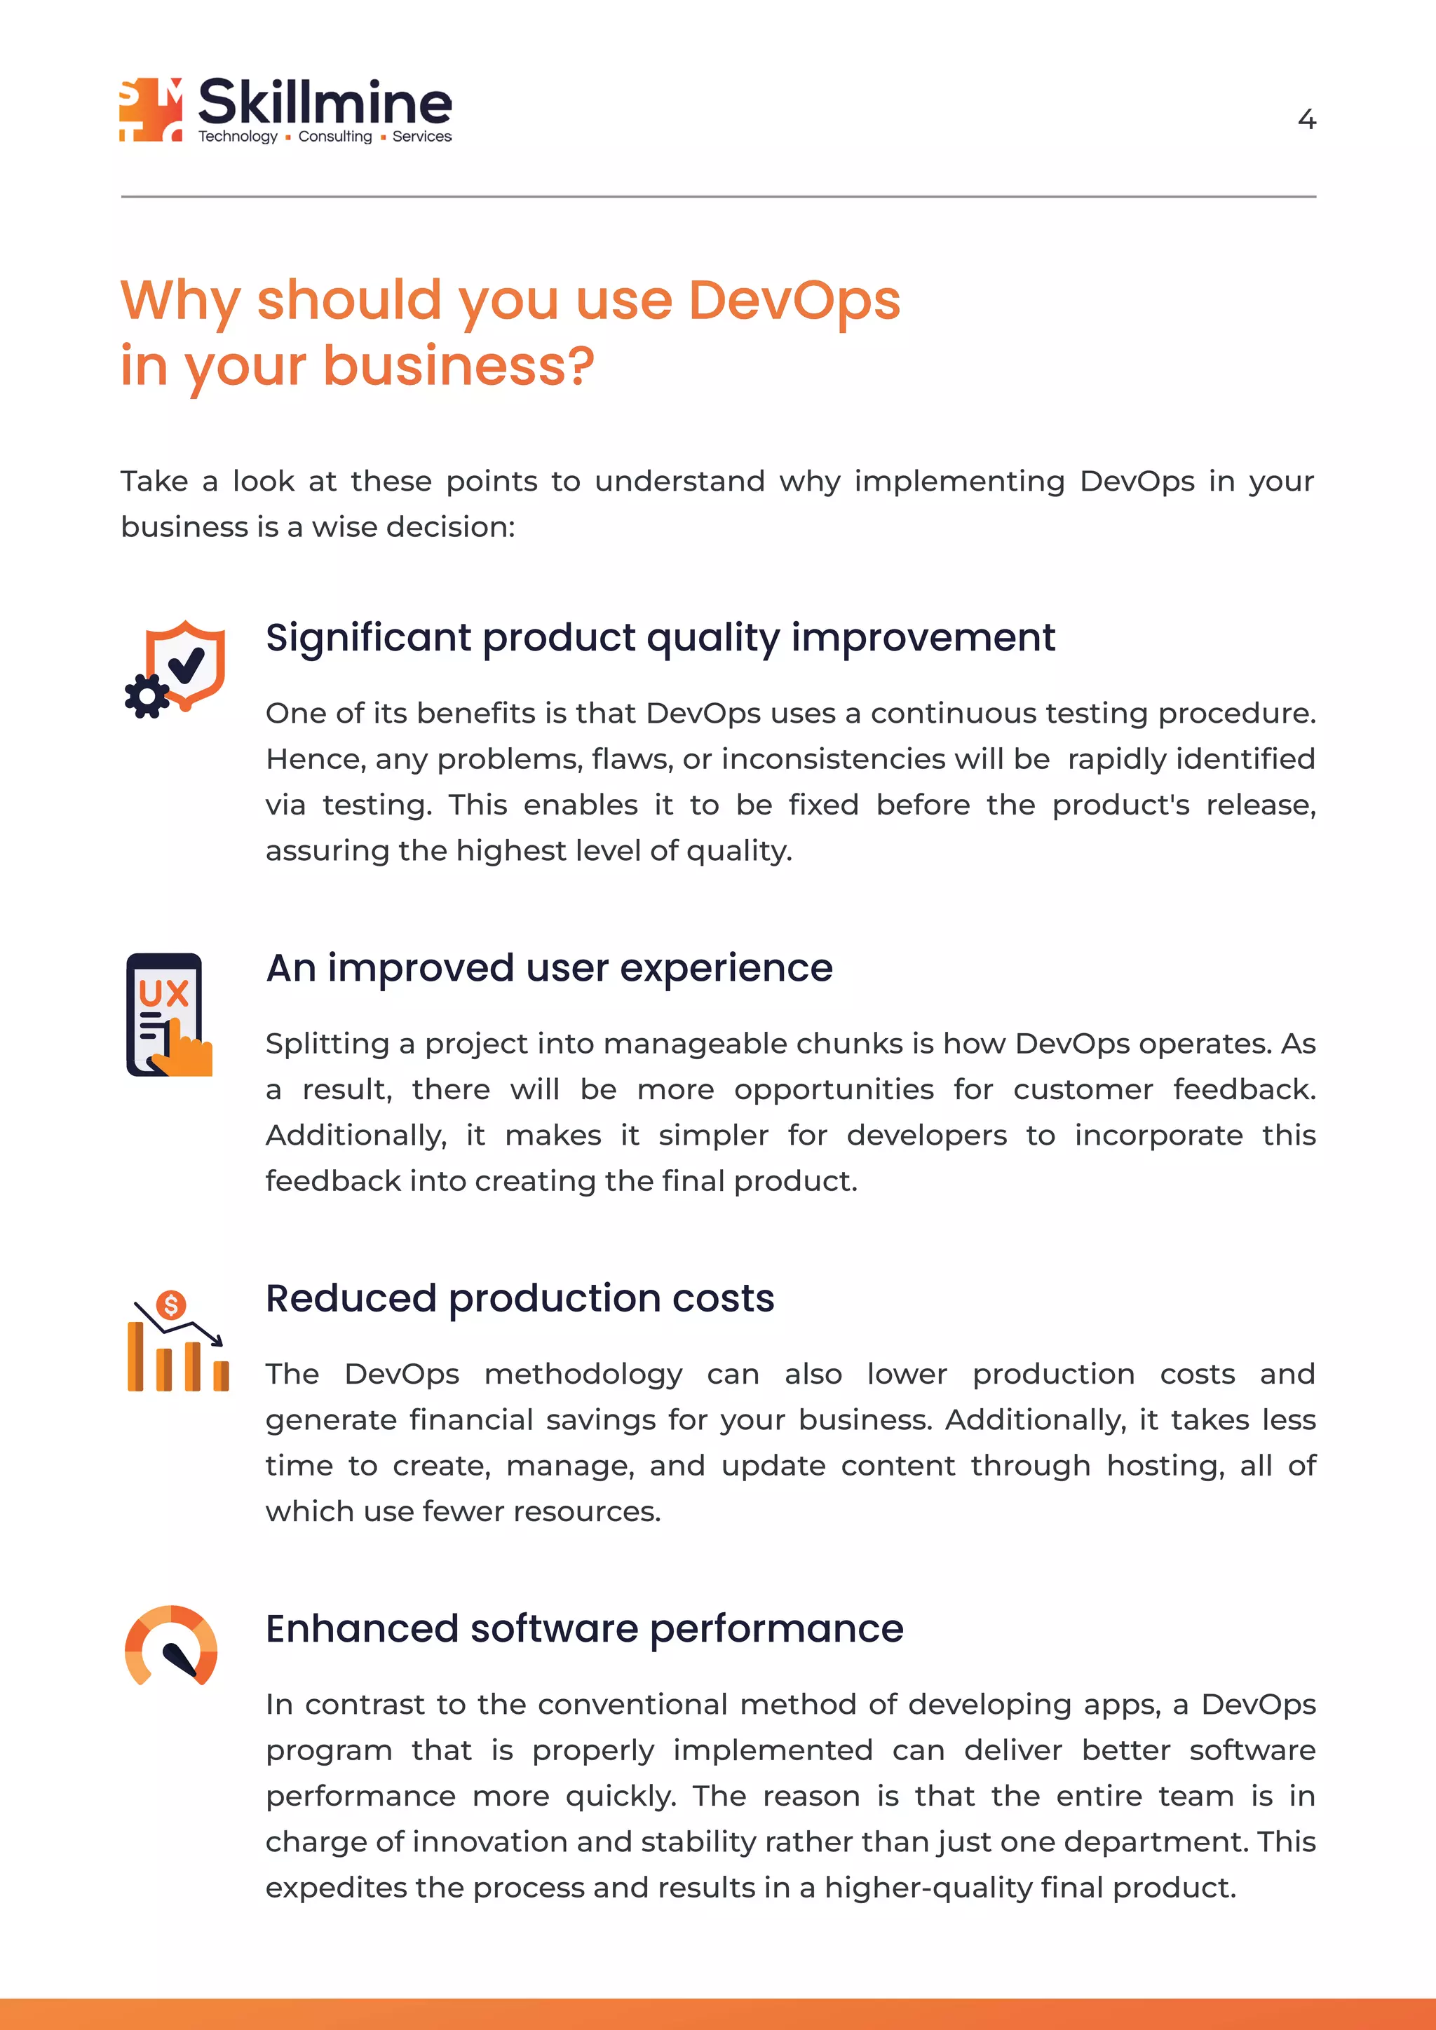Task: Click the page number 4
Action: (1306, 119)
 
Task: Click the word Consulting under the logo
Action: (335, 136)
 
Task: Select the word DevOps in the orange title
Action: (793, 300)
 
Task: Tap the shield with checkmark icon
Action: (187, 663)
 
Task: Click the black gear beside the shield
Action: (147, 696)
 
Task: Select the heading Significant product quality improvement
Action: (660, 637)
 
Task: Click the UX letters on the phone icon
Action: (163, 994)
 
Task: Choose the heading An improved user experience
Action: (549, 968)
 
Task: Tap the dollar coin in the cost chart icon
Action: (170, 1304)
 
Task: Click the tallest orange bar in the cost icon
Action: (135, 1356)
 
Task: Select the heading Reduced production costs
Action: (520, 1299)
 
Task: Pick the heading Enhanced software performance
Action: (585, 1628)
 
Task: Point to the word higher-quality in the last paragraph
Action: (928, 1887)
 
